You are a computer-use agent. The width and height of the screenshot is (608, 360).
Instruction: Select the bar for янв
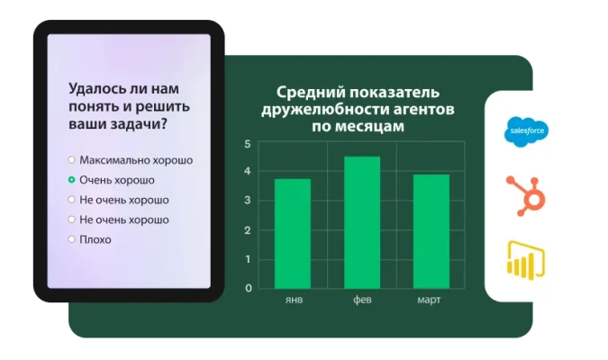[292, 233]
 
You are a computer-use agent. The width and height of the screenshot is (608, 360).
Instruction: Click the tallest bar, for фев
[362, 222]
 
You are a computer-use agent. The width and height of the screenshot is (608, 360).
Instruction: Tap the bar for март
[431, 231]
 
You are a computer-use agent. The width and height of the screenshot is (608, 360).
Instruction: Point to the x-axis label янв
[292, 299]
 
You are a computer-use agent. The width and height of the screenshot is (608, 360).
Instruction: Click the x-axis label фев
[362, 299]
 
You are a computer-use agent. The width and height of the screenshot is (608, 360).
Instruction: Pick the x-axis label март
[430, 299]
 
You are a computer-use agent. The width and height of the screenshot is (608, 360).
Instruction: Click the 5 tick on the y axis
[248, 144]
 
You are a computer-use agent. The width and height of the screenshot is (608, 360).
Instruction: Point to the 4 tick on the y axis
[248, 172]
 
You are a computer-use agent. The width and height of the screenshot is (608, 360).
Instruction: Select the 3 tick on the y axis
[248, 201]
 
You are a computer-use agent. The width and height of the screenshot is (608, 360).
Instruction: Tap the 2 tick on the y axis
[248, 230]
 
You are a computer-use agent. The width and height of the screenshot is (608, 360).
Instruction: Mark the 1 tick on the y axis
[248, 259]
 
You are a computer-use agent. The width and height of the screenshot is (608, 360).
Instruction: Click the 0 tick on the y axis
[248, 288]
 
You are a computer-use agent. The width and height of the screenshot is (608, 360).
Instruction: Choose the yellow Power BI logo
[527, 260]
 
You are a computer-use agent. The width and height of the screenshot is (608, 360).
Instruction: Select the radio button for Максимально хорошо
[71, 159]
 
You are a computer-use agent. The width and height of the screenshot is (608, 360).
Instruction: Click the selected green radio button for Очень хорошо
[71, 179]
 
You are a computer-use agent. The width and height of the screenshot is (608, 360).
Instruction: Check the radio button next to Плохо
[71, 238]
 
